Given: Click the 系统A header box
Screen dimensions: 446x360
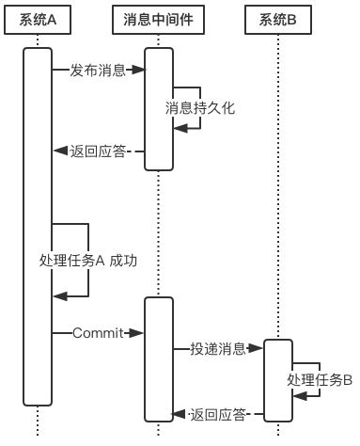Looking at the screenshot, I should [38, 20].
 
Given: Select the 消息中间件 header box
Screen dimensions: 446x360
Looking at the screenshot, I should [158, 20].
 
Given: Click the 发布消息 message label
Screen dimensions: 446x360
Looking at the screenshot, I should [98, 71].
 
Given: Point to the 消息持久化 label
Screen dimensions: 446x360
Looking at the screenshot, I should [199, 108].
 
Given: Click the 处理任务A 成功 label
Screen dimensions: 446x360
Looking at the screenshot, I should [88, 261].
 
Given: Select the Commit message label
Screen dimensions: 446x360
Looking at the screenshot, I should [98, 333].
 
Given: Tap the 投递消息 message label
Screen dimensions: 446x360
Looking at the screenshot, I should [217, 349].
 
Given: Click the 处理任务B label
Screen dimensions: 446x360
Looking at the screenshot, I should [320, 380].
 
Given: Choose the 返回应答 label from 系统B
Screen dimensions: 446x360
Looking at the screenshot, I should [217, 413].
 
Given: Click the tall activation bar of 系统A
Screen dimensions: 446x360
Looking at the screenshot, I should [38, 226].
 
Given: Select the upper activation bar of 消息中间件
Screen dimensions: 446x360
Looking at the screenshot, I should [158, 108].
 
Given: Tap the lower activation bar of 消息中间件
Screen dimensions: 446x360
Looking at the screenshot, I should [158, 358].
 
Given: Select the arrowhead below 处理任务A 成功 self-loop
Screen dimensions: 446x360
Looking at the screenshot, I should [59, 296].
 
